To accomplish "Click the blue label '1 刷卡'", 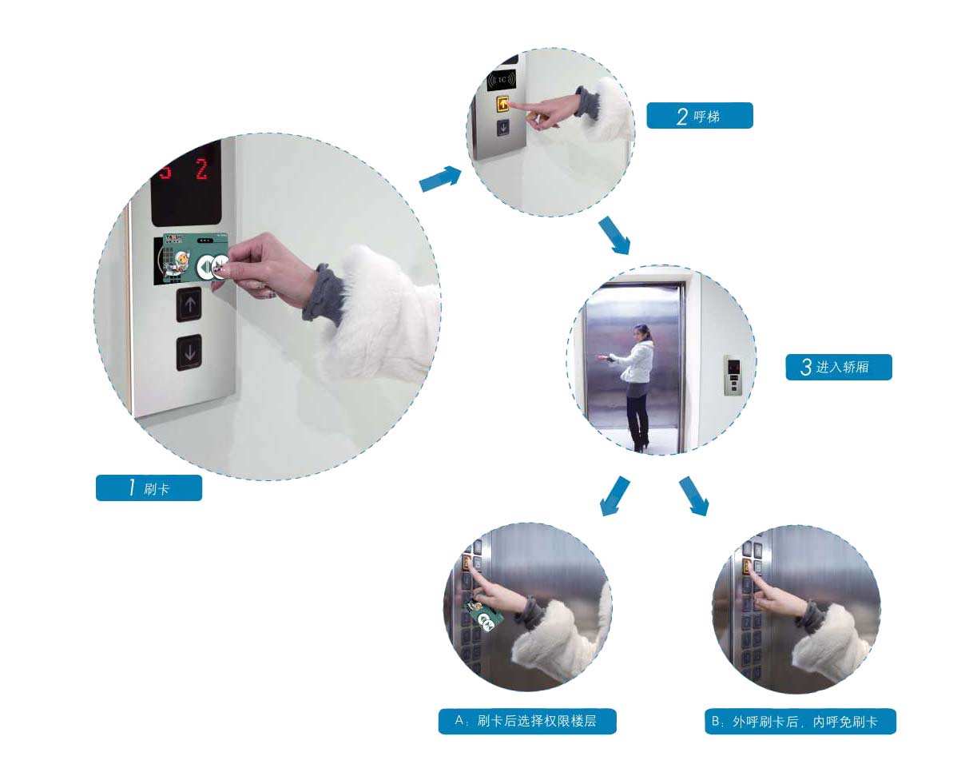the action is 149,487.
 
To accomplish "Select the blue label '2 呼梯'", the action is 700,116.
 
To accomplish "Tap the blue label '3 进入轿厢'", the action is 839,367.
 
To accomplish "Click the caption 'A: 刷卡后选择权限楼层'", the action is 527,721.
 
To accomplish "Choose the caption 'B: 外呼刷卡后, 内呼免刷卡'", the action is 800,722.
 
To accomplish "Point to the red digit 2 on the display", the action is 202,169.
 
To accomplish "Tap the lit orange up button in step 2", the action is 502,105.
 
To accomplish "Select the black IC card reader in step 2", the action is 502,80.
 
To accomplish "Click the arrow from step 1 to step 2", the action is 440,178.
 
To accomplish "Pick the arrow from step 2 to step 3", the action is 615,236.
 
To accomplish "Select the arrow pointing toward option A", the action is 615,496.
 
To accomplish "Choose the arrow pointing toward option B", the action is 694,496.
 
